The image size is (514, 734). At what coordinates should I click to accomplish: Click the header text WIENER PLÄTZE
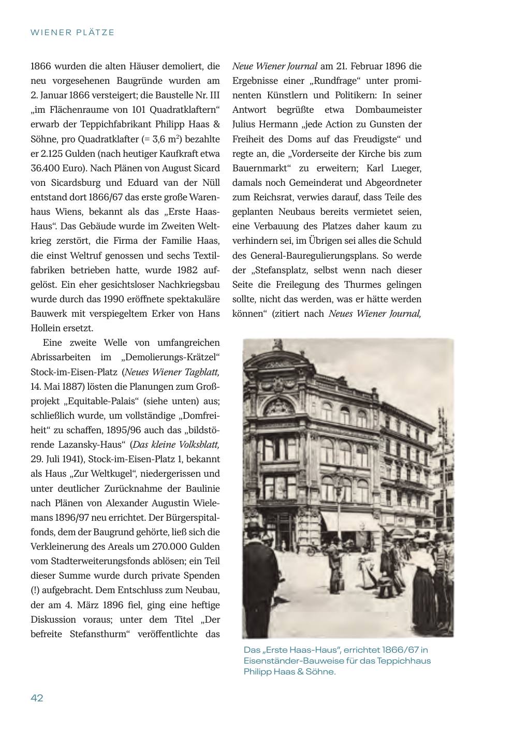pyautogui.click(x=72, y=33)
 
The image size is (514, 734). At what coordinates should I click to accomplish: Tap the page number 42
pyautogui.click(x=37, y=698)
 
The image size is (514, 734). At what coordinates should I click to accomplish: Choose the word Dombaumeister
pyautogui.click(x=388, y=110)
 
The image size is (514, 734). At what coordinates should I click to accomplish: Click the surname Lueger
pyautogui.click(x=406, y=168)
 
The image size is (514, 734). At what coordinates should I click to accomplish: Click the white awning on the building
pyautogui.click(x=348, y=521)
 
